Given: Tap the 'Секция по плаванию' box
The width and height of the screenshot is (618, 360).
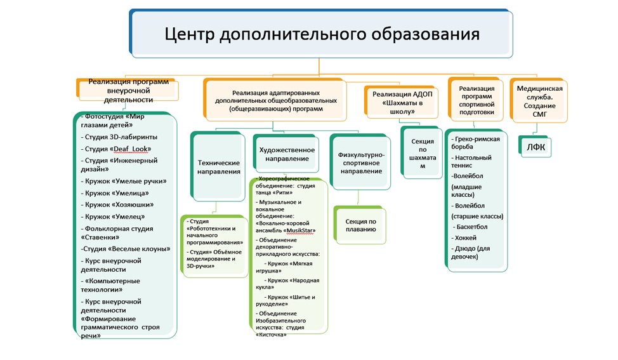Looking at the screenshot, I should [360, 225].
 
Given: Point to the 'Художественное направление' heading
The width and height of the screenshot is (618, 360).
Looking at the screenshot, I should [287, 154].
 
